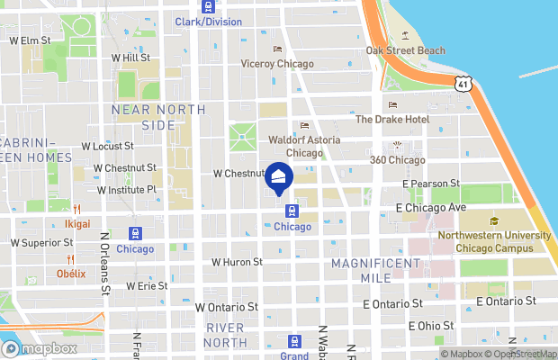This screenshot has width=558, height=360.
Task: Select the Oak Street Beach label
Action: [x=405, y=49]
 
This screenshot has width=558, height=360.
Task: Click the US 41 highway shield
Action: [x=463, y=84]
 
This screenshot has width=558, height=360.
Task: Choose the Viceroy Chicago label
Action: [x=277, y=64]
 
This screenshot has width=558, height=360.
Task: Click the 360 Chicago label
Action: [x=397, y=159]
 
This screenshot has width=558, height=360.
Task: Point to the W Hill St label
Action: [x=130, y=58]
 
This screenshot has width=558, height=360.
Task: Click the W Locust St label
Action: [x=107, y=145]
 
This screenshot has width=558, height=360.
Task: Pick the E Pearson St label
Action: [x=431, y=183]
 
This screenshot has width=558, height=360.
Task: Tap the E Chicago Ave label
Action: [x=431, y=207]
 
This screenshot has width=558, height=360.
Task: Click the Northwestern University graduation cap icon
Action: [x=494, y=221]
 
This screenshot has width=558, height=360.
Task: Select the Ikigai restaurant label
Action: [x=76, y=222]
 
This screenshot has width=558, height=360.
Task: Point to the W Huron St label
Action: [x=237, y=262]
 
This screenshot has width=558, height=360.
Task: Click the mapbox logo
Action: [x=37, y=348]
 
